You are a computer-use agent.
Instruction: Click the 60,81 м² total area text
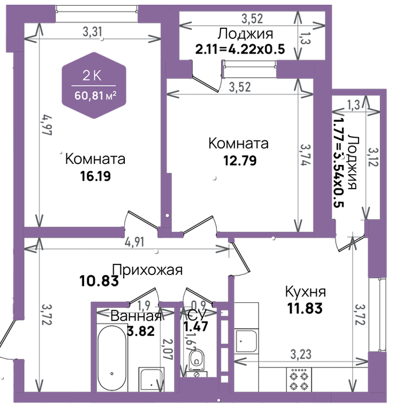click(x=95, y=96)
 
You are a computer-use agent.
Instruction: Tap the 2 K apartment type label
click(x=92, y=76)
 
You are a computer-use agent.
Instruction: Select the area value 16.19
click(x=95, y=176)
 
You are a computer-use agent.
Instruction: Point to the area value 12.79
click(x=240, y=160)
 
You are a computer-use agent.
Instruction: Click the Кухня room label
click(x=305, y=292)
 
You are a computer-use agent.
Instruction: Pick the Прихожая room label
click(x=147, y=270)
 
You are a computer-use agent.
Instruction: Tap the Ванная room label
click(x=136, y=316)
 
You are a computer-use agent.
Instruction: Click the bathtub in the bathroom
click(x=112, y=358)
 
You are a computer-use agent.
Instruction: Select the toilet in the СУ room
click(x=196, y=363)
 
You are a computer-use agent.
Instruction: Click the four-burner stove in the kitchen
click(x=299, y=380)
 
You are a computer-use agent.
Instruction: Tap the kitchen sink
click(x=246, y=341)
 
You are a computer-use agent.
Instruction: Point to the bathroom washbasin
click(x=151, y=380)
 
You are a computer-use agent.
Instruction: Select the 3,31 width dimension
click(x=92, y=32)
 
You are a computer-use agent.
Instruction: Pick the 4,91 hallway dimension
click(x=135, y=242)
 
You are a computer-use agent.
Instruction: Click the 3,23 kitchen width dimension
click(x=301, y=355)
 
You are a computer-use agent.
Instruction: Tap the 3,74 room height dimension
click(x=305, y=155)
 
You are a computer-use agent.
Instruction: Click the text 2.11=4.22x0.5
click(x=240, y=49)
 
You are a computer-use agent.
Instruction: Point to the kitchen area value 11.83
click(x=305, y=308)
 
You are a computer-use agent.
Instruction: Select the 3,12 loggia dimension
click(x=373, y=157)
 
